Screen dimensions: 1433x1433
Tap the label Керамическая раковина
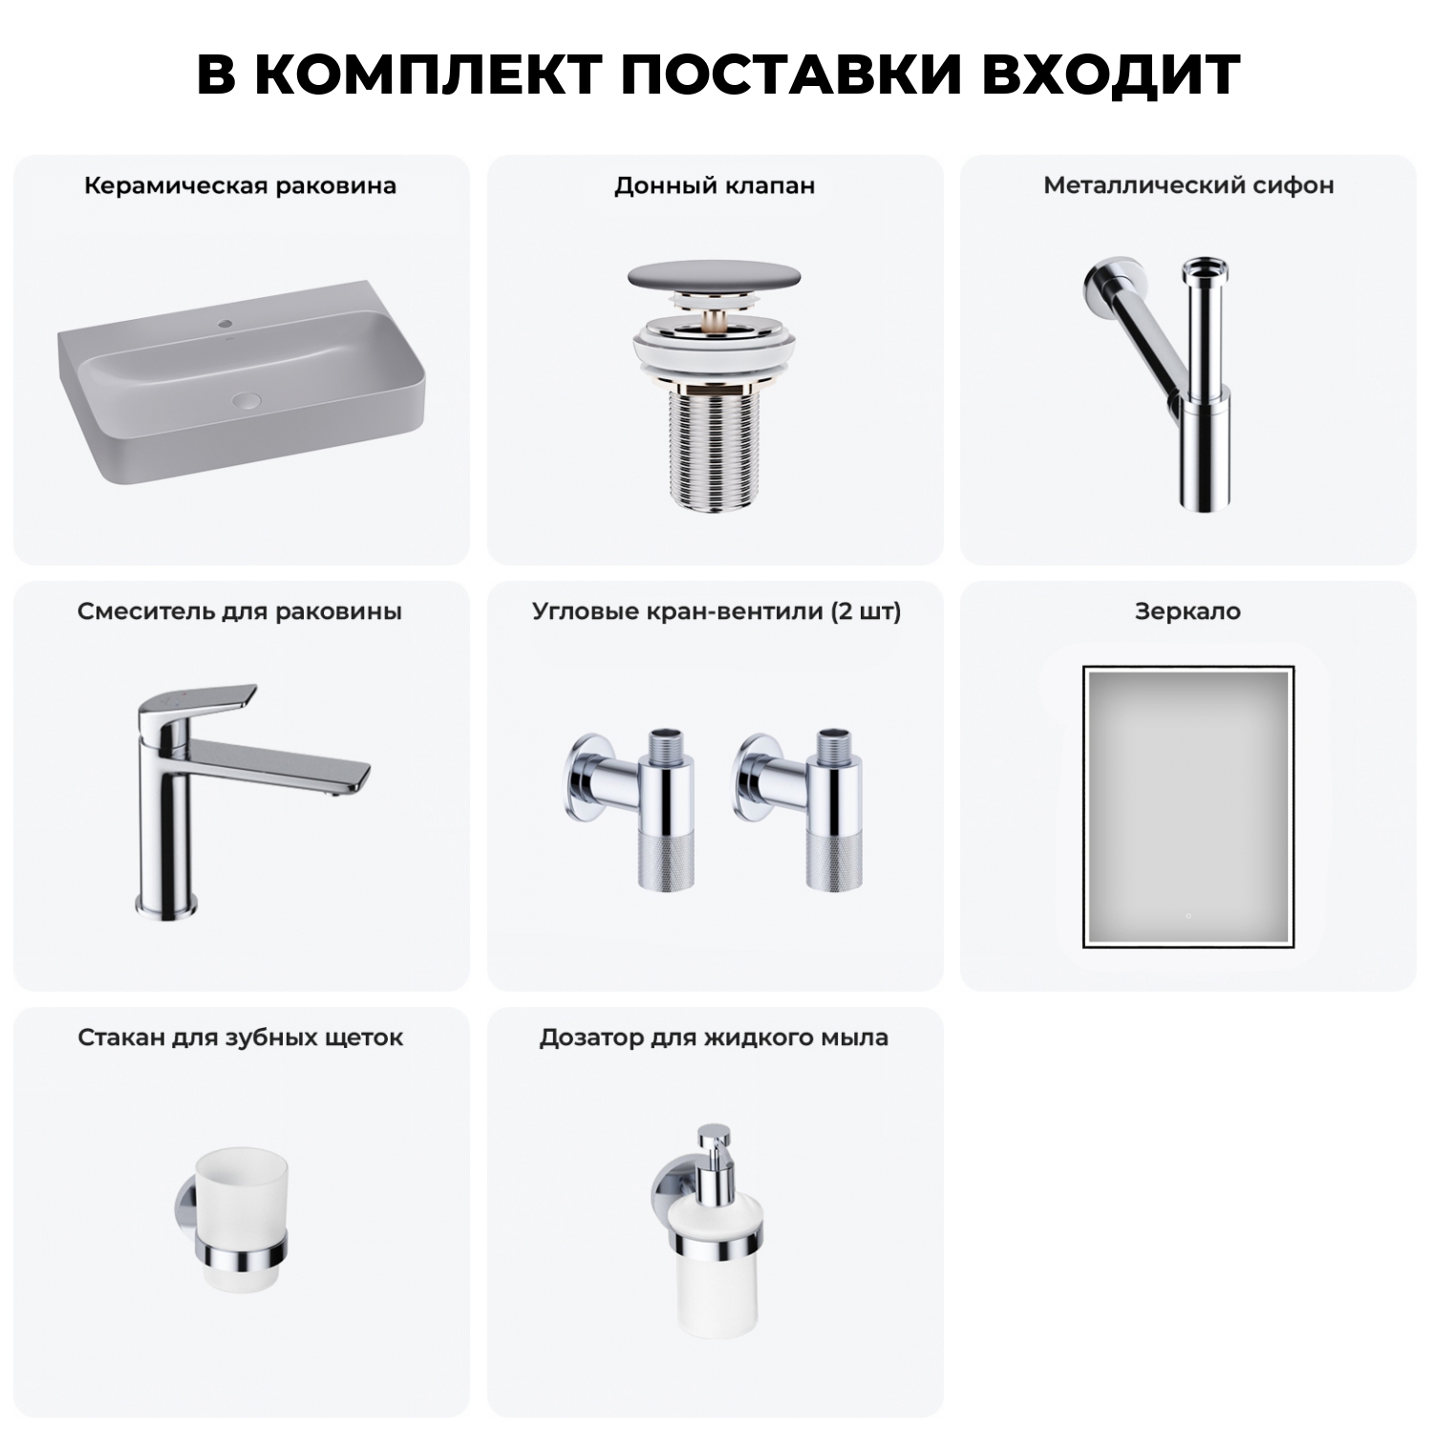[240, 185]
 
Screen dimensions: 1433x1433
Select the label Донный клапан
[715, 185]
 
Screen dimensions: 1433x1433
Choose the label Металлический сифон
[1188, 185]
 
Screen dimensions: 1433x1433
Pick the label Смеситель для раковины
[240, 611]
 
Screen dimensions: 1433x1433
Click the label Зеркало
[1187, 611]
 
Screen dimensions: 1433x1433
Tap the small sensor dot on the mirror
[1187, 915]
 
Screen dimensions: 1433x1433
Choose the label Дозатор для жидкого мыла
[714, 1037]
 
